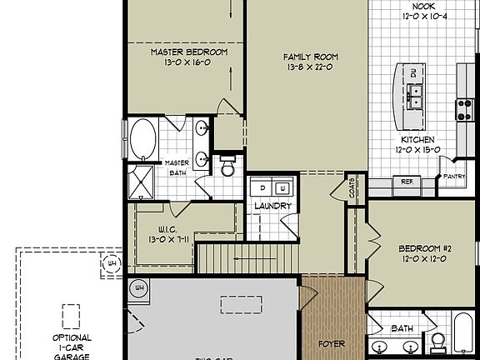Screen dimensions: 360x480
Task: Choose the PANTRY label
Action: click(x=453, y=177)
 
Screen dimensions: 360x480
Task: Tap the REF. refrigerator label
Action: click(x=407, y=181)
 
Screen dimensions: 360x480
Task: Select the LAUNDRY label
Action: click(x=272, y=206)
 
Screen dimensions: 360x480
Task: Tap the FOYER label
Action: click(x=332, y=342)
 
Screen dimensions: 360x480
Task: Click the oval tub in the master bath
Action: click(x=143, y=139)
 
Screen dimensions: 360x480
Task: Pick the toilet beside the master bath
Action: click(x=227, y=166)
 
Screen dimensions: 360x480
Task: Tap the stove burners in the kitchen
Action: click(x=464, y=109)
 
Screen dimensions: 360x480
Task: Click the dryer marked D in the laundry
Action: click(x=260, y=187)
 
